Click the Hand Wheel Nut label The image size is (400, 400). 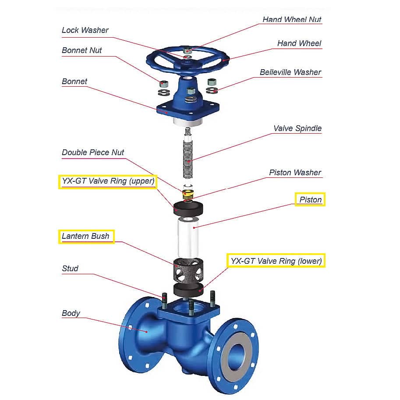click(292, 19)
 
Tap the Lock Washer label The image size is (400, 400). click(85, 30)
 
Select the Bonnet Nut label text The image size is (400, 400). click(81, 50)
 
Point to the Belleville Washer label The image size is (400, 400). click(290, 72)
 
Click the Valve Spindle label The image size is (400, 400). click(297, 128)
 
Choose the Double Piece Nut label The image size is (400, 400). click(93, 152)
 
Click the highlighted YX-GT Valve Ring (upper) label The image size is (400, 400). click(108, 181)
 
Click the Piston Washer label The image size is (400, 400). click(295, 173)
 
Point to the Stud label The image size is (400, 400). click(70, 269)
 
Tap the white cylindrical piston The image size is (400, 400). click(188, 237)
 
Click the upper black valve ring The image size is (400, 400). click(188, 208)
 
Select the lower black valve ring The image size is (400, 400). click(188, 290)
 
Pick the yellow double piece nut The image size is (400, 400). click(188, 195)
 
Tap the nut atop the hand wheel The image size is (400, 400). click(188, 50)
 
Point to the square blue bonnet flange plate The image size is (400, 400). click(188, 108)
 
